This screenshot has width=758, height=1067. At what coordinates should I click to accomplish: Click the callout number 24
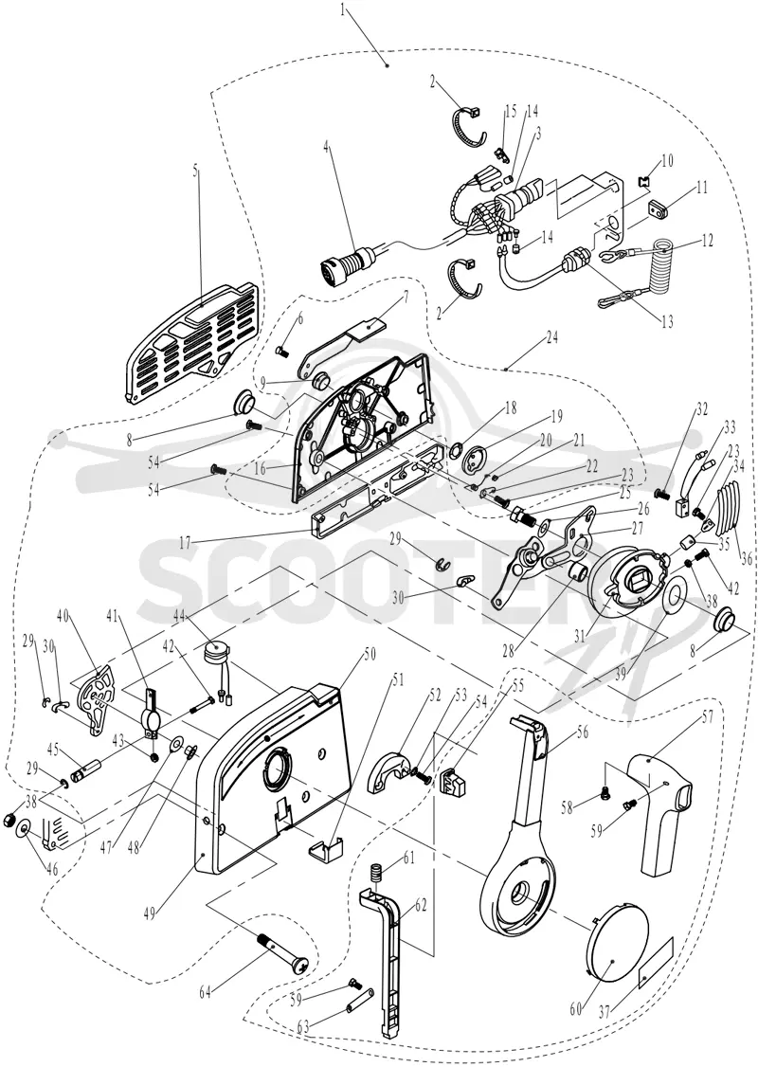pos(551,336)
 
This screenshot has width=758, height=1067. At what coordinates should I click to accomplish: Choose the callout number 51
pos(400,680)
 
